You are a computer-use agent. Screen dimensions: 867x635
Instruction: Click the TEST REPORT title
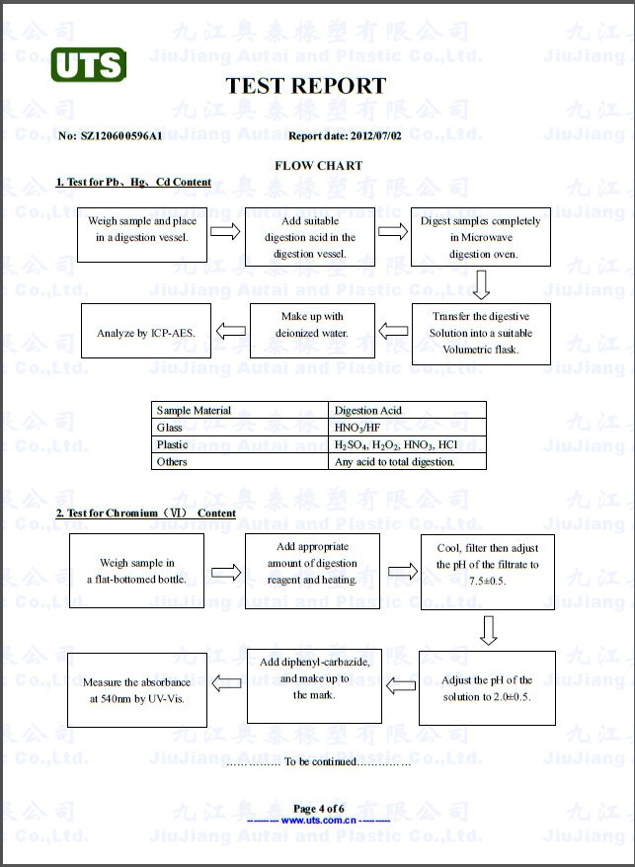click(306, 86)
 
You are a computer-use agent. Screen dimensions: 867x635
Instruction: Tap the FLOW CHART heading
click(318, 165)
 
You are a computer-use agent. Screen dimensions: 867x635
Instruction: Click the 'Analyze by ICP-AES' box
click(146, 333)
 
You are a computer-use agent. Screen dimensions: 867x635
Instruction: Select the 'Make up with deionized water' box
click(312, 332)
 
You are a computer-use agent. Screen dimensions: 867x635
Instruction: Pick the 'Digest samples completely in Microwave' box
click(481, 237)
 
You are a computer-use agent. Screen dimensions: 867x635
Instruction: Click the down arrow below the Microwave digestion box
click(481, 285)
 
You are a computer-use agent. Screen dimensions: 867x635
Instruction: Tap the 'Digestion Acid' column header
click(368, 411)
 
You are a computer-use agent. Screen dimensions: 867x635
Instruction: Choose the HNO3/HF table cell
click(357, 428)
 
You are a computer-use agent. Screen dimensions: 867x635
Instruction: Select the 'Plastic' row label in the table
click(172, 444)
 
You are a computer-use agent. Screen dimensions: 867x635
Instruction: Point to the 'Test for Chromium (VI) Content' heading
click(145, 512)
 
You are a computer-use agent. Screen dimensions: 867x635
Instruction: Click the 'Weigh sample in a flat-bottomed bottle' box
click(136, 571)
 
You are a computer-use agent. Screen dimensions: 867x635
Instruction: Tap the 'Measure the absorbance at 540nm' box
click(136, 689)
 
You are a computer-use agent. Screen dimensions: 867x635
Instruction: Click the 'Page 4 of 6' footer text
click(318, 809)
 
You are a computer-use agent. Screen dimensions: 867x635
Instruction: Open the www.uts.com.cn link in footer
click(318, 820)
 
